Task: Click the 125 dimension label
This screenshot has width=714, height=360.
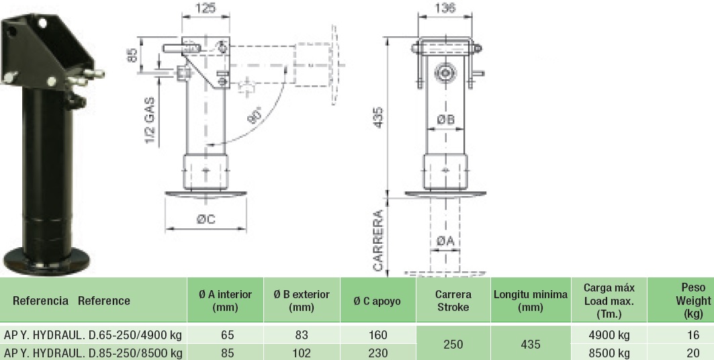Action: pyautogui.click(x=205, y=8)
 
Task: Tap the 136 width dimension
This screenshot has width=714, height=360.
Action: pyautogui.click(x=445, y=8)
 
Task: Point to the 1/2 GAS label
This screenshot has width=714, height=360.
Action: pyautogui.click(x=150, y=120)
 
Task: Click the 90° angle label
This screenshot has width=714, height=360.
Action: pyautogui.click(x=255, y=115)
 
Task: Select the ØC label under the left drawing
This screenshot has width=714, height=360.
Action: pyautogui.click(x=206, y=220)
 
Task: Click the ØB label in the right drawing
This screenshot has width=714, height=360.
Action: pyautogui.click(x=446, y=120)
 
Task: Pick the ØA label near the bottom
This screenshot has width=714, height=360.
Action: pyautogui.click(x=445, y=241)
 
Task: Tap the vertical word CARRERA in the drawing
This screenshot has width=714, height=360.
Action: pyautogui.click(x=378, y=240)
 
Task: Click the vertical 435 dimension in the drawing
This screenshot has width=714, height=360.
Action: pyautogui.click(x=378, y=118)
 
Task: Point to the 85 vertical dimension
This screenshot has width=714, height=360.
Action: pyautogui.click(x=132, y=55)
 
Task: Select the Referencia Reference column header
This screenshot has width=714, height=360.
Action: pyautogui.click(x=71, y=301)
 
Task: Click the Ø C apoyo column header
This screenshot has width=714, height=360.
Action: pyautogui.click(x=377, y=302)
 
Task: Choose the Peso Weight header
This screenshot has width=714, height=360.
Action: pyautogui.click(x=693, y=300)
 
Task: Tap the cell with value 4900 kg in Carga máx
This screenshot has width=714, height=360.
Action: pyautogui.click(x=609, y=335)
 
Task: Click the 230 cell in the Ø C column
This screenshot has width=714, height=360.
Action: pyautogui.click(x=378, y=353)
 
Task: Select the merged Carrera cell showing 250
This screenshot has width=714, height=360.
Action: pyautogui.click(x=453, y=344)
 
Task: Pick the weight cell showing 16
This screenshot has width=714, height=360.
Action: pyautogui.click(x=693, y=335)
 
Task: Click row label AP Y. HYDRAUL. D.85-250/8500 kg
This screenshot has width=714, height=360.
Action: pyautogui.click(x=93, y=353)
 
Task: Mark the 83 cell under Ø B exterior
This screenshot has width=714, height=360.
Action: pyautogui.click(x=302, y=335)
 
